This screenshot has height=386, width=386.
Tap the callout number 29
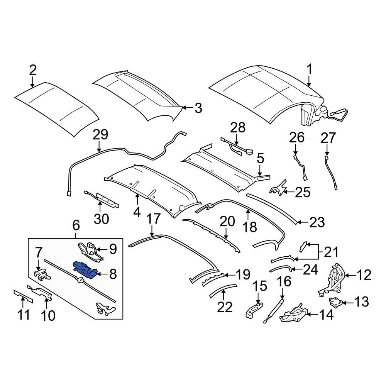click(100, 135)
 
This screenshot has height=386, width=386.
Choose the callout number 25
click(302, 192)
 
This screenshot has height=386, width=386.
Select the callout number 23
click(317, 222)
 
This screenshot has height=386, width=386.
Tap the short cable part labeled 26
click(301, 167)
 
